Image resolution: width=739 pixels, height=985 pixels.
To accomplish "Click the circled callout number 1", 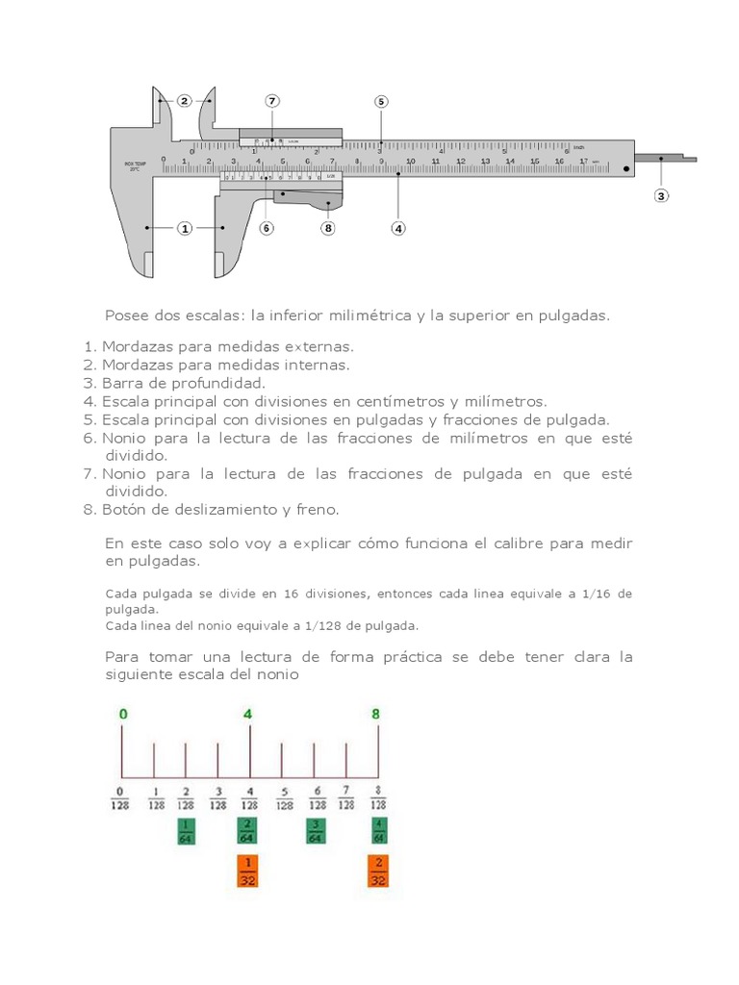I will (185, 228).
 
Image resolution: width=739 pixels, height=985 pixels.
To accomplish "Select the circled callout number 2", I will (185, 100).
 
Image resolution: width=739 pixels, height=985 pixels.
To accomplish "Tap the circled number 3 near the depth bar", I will (661, 195).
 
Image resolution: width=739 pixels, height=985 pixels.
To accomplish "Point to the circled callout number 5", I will (381, 101).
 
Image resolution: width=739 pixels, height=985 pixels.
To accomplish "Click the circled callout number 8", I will (328, 228).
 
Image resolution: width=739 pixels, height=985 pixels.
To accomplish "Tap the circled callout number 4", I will (398, 228).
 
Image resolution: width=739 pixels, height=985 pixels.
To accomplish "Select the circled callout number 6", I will (267, 228).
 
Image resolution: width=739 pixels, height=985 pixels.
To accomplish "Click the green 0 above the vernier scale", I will (122, 714).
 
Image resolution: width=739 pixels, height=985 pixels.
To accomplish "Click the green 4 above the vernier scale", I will (249, 714).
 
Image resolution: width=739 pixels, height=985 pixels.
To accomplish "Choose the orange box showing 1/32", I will (249, 871).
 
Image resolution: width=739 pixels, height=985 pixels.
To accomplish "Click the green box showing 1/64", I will (186, 831).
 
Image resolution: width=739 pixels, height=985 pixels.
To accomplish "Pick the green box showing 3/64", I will (315, 831).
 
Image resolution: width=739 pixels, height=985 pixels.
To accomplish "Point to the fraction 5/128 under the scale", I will (282, 799).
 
